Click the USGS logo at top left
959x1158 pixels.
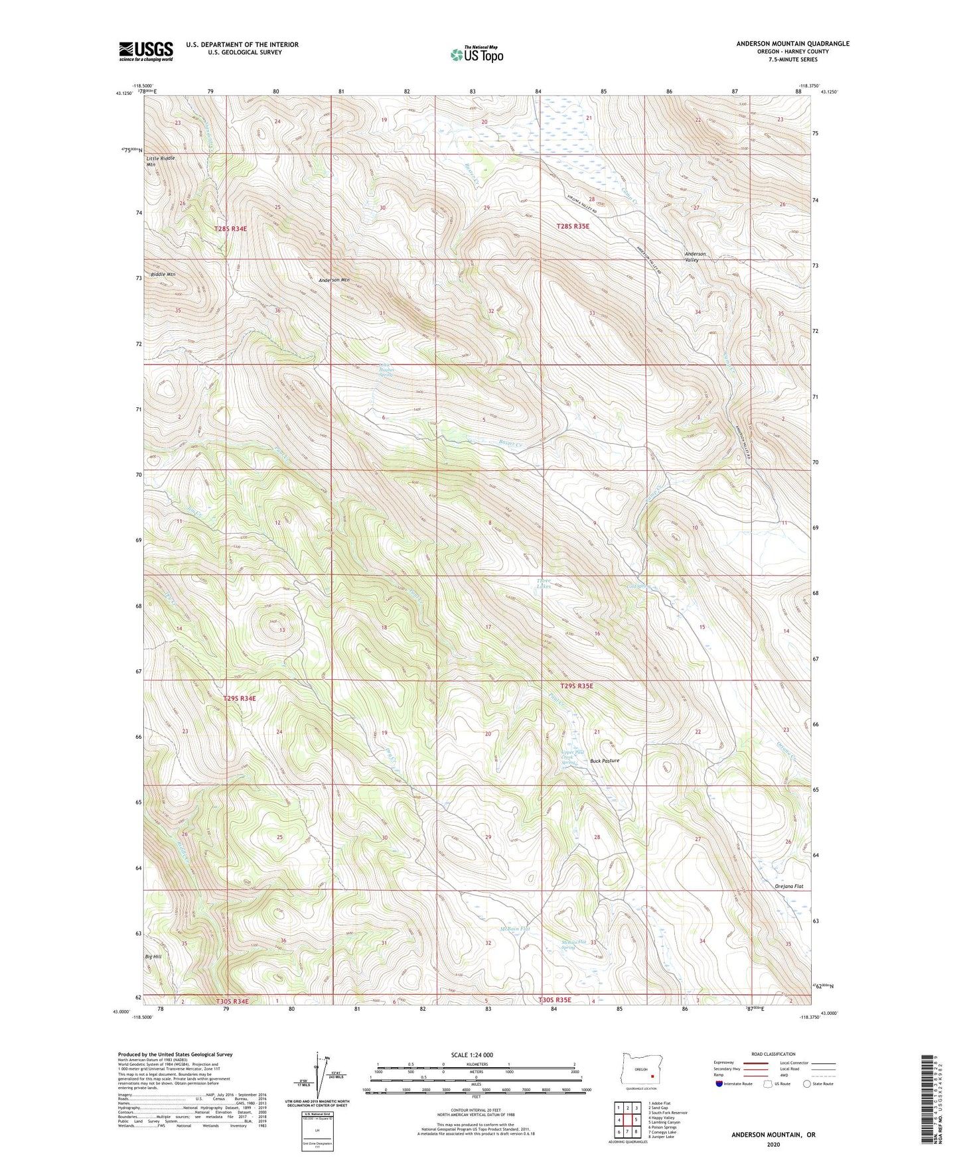click(146, 51)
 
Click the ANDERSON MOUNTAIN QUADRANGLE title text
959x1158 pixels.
click(792, 44)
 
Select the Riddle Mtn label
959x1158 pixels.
click(163, 275)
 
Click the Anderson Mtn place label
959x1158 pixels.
click(334, 280)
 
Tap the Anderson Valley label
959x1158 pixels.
click(695, 257)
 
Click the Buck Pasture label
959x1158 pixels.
click(605, 761)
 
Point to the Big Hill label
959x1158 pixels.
click(153, 957)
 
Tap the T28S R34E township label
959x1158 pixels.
click(230, 229)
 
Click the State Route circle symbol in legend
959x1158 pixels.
click(806, 1102)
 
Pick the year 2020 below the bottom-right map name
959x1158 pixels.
click(773, 1144)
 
